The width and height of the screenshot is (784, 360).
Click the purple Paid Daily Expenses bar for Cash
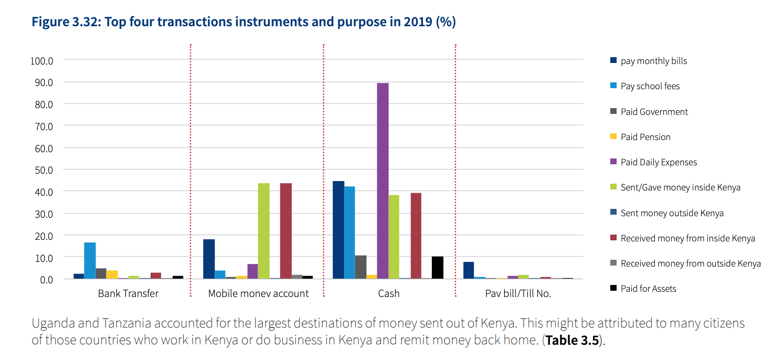(383, 181)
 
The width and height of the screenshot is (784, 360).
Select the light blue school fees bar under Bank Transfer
(90, 260)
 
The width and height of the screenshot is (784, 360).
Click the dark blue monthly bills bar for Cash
(338, 230)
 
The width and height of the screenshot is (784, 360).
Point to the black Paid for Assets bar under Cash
(437, 268)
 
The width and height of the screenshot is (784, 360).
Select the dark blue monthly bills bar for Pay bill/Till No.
(469, 270)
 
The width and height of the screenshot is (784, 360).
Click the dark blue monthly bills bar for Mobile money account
(209, 259)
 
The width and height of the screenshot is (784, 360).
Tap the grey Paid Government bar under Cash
(361, 267)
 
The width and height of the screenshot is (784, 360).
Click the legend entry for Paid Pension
(645, 137)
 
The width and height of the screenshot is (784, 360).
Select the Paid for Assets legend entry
(648, 289)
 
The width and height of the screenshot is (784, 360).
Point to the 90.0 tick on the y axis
(44, 82)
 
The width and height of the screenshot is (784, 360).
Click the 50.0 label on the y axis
(44, 170)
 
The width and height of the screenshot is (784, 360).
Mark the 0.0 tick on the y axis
(46, 280)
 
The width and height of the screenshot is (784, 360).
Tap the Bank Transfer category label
(128, 293)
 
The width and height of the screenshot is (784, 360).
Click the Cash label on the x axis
(389, 293)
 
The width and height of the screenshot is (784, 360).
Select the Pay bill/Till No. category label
(518, 293)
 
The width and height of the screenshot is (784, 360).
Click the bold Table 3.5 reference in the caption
(571, 340)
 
